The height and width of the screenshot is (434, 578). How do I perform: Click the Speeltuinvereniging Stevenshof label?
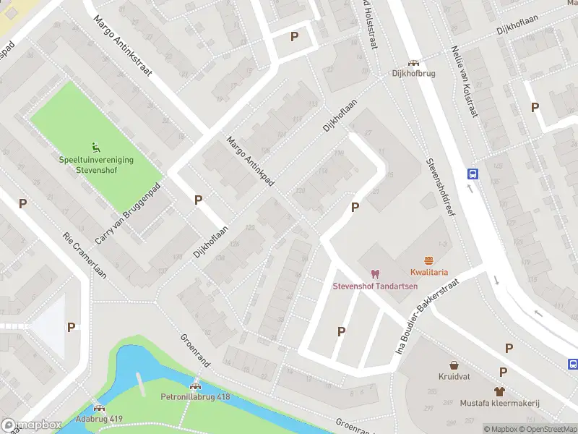(96, 165)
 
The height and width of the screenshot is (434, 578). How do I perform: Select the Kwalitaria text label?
(429, 272)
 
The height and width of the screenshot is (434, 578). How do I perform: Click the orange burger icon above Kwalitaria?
(429, 260)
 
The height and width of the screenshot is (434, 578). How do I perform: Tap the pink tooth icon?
(374, 273)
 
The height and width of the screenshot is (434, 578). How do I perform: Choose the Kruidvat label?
(454, 377)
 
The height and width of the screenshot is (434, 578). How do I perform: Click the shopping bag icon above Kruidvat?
(454, 365)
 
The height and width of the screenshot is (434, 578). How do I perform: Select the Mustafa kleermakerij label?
(501, 403)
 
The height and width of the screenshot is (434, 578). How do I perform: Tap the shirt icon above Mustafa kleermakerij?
(500, 391)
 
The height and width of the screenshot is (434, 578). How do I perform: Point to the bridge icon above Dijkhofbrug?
(413, 63)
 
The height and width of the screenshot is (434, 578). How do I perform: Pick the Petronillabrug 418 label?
(195, 396)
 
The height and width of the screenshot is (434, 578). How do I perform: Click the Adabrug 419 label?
(99, 419)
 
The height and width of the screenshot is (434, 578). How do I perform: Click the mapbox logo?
(31, 425)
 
